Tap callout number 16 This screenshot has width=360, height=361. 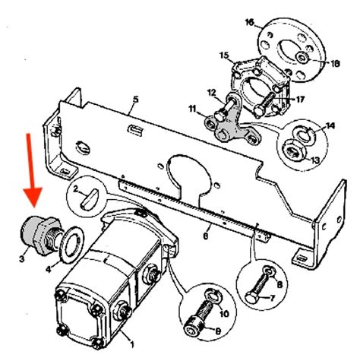click(250, 22)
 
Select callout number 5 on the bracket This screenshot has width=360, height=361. click(136, 100)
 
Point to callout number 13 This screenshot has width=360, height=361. click(315, 160)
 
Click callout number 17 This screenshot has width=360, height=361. click(300, 100)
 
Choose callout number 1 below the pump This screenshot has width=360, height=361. click(131, 344)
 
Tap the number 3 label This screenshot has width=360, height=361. click(22, 259)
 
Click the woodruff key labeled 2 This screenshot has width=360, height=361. click(89, 199)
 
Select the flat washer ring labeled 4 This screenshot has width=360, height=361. click(72, 245)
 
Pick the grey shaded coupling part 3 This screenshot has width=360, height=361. click(40, 236)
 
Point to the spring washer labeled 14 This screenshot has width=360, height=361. click(305, 135)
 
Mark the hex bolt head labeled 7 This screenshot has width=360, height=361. click(251, 296)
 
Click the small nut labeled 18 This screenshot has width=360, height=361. click(302, 57)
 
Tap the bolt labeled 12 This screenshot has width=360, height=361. click(225, 109)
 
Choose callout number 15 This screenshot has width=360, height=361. click(224, 55)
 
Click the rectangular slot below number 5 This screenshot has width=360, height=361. click(136, 130)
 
